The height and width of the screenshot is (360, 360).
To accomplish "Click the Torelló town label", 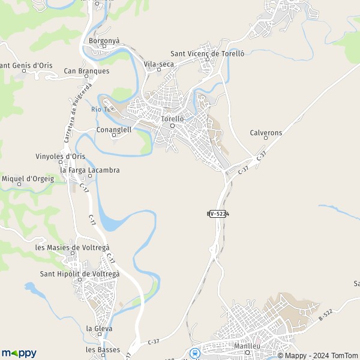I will click(172, 119).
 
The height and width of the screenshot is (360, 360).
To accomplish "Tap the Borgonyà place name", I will click(104, 41).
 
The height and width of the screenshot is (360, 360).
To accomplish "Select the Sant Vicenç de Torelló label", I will click(207, 53).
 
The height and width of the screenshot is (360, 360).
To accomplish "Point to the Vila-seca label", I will click(159, 63).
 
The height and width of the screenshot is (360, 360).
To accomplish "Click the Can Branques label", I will click(86, 71).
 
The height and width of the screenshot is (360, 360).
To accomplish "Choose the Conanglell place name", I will click(113, 129).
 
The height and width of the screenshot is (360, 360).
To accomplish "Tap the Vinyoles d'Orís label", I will click(60, 156).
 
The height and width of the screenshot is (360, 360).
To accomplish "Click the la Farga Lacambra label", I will click(90, 170).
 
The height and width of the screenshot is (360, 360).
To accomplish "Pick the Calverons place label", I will click(266, 132).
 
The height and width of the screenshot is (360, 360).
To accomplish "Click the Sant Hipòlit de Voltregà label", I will click(79, 274).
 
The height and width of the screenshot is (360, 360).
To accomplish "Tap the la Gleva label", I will click(99, 328).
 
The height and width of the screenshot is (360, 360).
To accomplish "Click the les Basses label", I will click(103, 350).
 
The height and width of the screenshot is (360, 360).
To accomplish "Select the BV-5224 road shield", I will click(219, 214).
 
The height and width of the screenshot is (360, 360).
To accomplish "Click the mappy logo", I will click(19, 353).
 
